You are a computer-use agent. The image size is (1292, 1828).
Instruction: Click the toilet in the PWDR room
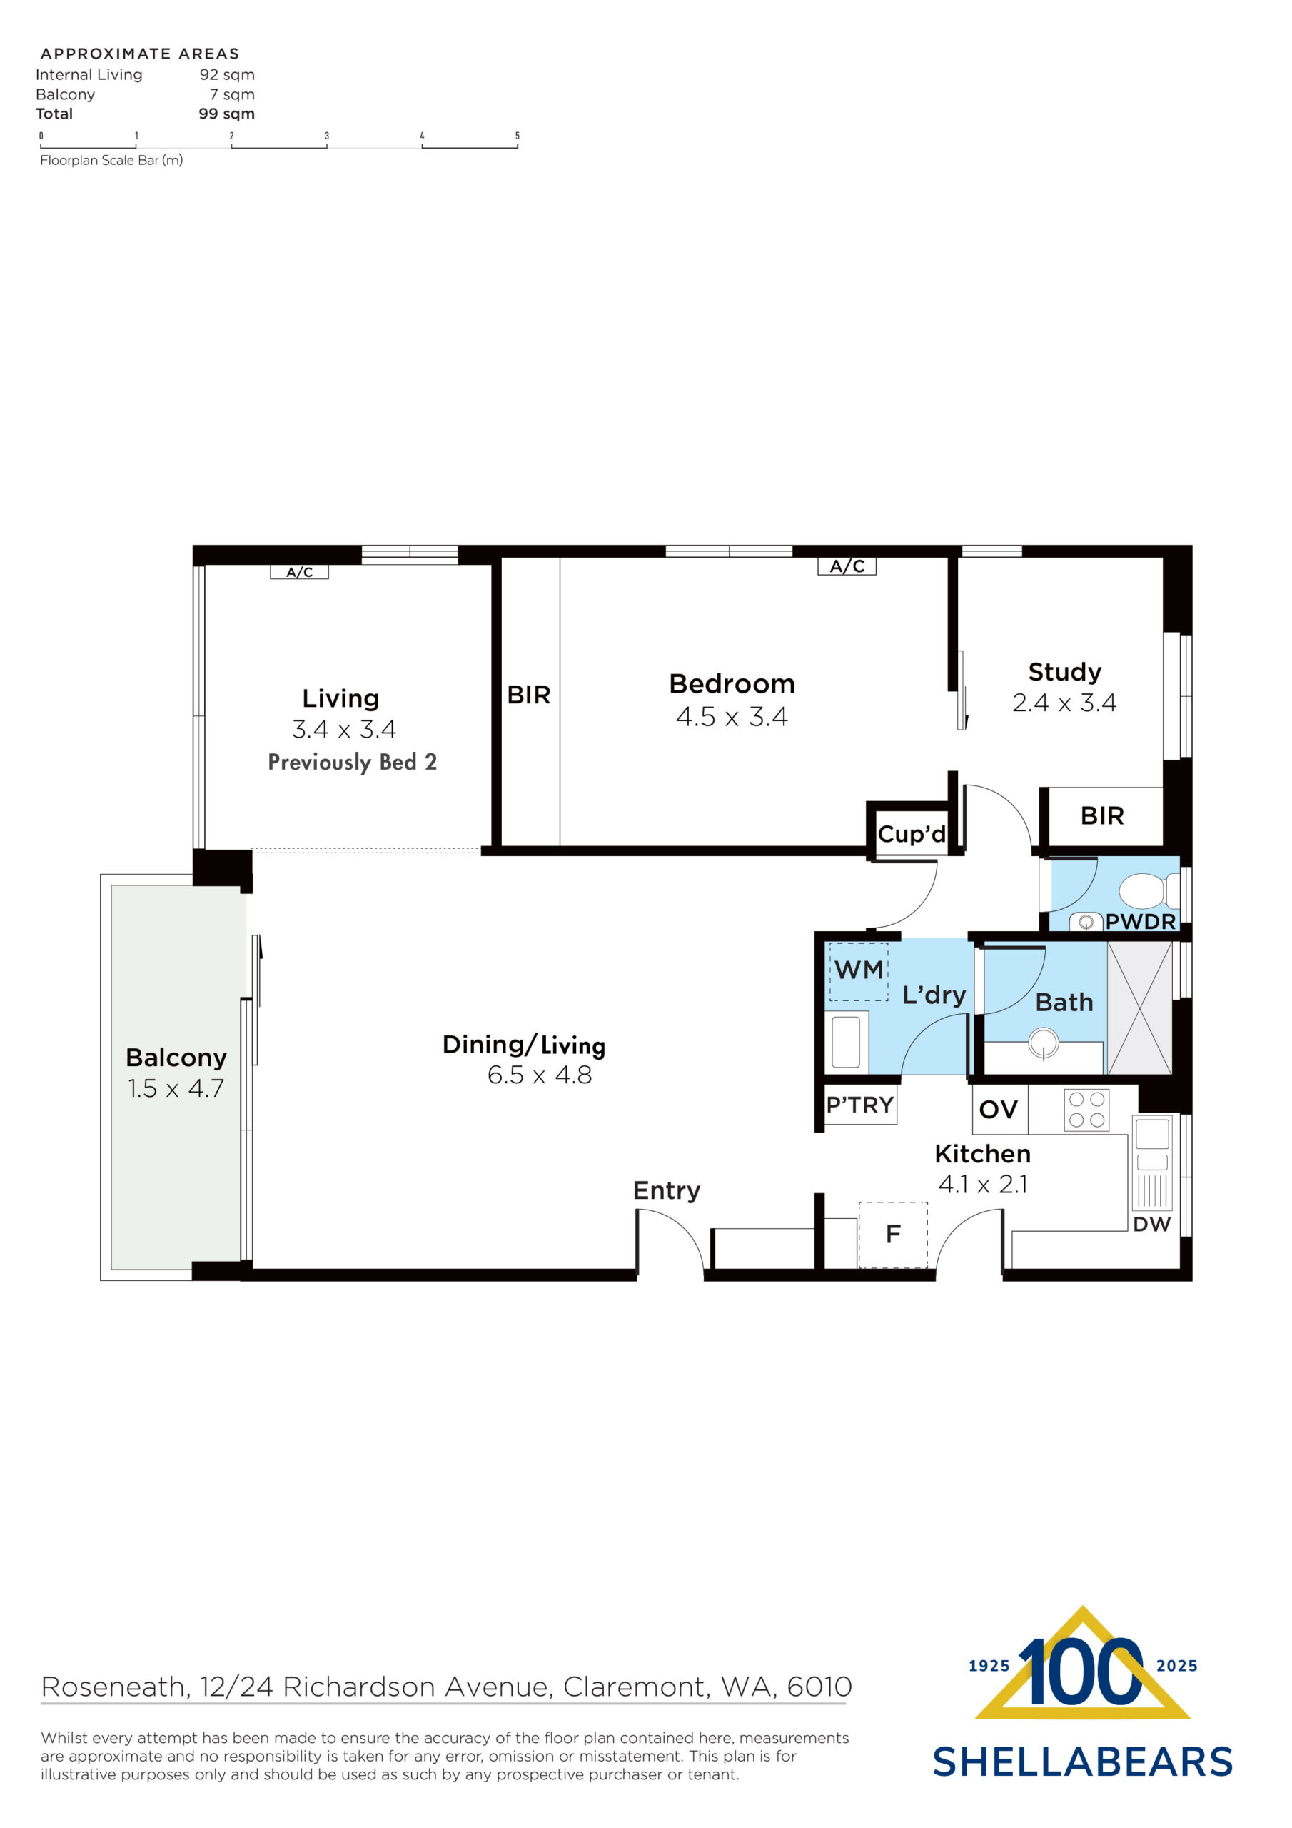click(x=1147, y=891)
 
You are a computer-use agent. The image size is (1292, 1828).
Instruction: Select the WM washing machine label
click(x=858, y=970)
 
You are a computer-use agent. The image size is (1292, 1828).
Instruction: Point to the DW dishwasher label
click(x=1151, y=1225)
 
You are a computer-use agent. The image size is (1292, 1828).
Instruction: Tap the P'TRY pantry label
click(x=859, y=1105)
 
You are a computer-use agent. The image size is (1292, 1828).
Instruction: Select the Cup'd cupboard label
click(x=912, y=835)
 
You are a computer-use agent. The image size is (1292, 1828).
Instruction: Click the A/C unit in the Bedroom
click(x=847, y=566)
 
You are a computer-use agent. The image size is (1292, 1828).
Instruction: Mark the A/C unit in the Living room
click(x=299, y=572)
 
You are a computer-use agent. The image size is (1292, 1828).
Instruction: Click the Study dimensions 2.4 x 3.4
click(x=1064, y=703)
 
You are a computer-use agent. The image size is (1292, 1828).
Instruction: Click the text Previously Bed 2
click(x=352, y=763)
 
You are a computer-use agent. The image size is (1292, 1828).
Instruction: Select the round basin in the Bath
click(x=1043, y=1041)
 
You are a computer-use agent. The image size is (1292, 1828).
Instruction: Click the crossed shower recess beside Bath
click(x=1139, y=1008)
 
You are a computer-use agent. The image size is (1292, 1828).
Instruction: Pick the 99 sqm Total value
click(x=226, y=114)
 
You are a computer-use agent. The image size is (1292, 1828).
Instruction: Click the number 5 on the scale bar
click(x=518, y=136)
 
